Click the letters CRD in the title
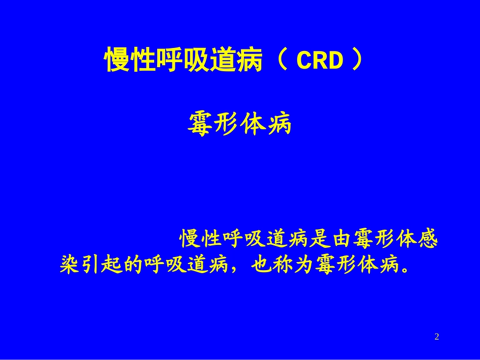(319, 62)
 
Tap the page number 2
(437, 337)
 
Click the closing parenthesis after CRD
(357, 61)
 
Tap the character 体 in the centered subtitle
(253, 124)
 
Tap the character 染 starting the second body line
(70, 265)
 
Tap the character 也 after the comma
(264, 265)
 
